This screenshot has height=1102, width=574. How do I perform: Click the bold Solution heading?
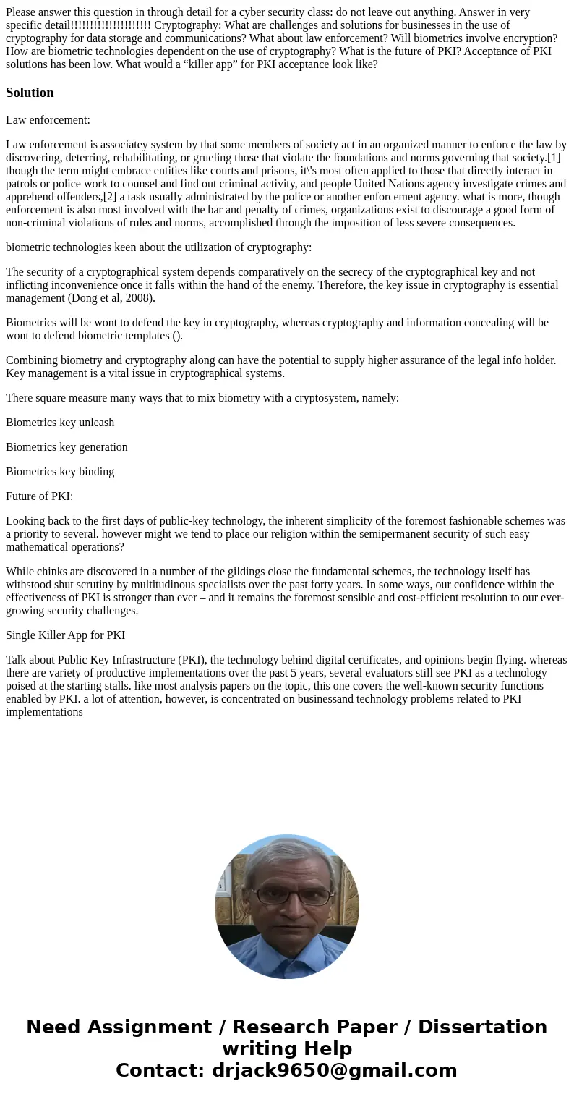pyautogui.click(x=30, y=93)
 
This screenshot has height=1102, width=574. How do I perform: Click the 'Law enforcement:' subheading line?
pyautogui.click(x=48, y=120)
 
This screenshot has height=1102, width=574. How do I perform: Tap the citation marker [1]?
pyautogui.click(x=554, y=158)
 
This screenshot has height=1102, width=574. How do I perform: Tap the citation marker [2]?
pyautogui.click(x=110, y=197)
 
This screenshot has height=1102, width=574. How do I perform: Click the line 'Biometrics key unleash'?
pyautogui.click(x=60, y=423)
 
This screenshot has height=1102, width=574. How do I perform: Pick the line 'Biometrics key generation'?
pyautogui.click(x=67, y=447)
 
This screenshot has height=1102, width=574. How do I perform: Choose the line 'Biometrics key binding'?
pyautogui.click(x=60, y=472)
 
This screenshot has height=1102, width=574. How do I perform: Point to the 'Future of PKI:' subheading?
pyautogui.click(x=39, y=496)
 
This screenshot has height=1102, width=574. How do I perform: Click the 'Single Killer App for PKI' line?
pyautogui.click(x=65, y=635)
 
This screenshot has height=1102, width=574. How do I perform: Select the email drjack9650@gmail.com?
pyautogui.click(x=334, y=1071)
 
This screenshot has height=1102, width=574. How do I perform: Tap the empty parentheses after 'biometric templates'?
pyautogui.click(x=177, y=336)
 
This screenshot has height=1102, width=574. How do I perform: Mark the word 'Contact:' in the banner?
pyautogui.click(x=160, y=1071)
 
